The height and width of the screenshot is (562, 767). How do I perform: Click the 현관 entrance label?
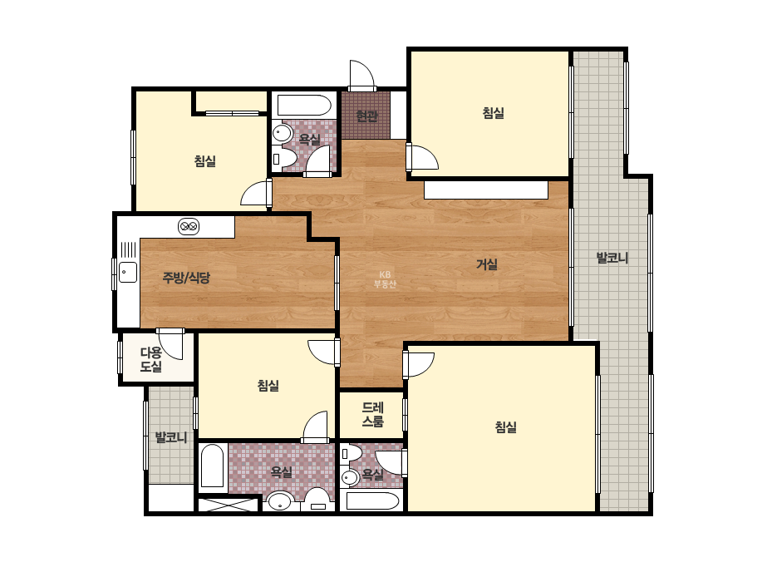pyautogui.click(x=366, y=116)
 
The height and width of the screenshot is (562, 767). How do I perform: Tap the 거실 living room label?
pyautogui.click(x=487, y=264)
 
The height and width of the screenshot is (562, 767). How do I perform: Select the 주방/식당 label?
pyautogui.click(x=186, y=278)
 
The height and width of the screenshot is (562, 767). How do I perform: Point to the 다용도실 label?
pyautogui.click(x=150, y=359)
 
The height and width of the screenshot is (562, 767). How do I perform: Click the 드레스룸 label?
pyautogui.click(x=373, y=414)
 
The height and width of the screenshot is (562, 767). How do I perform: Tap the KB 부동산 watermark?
pyautogui.click(x=385, y=279)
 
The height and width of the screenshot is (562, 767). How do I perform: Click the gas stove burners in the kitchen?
pyautogui.click(x=189, y=226)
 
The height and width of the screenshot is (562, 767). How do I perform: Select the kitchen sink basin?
pyautogui.click(x=128, y=272)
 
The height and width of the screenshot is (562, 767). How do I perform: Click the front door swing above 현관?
pyautogui.click(x=362, y=76)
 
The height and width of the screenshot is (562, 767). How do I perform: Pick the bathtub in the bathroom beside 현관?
pyautogui.click(x=304, y=106)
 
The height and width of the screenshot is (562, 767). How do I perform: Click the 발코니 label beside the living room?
pyautogui.click(x=612, y=258)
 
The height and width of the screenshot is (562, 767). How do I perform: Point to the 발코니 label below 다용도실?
pyautogui.click(x=171, y=437)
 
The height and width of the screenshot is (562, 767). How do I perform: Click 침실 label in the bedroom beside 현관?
pyautogui.click(x=493, y=113)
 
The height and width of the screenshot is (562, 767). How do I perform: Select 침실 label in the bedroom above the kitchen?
pyautogui.click(x=205, y=161)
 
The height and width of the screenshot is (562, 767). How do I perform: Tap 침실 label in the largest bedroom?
pyautogui.click(x=506, y=427)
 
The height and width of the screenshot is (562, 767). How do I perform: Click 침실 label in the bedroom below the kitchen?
pyautogui.click(x=268, y=386)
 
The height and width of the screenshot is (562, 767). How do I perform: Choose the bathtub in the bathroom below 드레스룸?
pyautogui.click(x=373, y=501)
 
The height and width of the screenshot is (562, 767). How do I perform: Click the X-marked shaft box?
pyautogui.click(x=228, y=505)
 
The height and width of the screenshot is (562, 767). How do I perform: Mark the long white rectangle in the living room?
pyautogui.click(x=486, y=190)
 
